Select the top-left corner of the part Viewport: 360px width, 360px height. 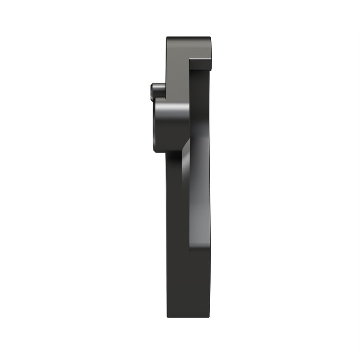[x=168, y=38]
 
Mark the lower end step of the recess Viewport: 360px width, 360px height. [x=200, y=248]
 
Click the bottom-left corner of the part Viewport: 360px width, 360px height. [x=168, y=316]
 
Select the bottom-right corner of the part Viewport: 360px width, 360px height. [x=209, y=316]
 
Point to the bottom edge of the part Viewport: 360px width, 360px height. [x=188, y=317]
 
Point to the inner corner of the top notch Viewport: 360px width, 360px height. [x=190, y=60]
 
